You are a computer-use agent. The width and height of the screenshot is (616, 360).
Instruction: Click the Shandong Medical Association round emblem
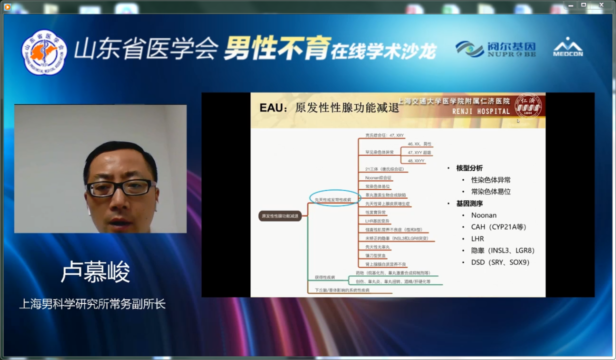(44, 52)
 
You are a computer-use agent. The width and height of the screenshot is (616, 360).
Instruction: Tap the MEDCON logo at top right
(568, 47)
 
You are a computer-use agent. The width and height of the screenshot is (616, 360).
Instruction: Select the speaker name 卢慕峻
(95, 273)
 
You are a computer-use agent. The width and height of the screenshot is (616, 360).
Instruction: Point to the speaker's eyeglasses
(120, 187)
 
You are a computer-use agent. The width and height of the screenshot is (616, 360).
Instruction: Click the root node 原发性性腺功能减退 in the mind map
(279, 216)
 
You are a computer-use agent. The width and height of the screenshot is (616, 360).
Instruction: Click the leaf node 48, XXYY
(416, 160)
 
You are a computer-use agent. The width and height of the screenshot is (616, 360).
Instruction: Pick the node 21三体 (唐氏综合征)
(384, 169)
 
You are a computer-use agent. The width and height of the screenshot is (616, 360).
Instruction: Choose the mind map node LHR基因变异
(377, 220)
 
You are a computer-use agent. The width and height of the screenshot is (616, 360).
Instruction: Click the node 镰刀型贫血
(375, 255)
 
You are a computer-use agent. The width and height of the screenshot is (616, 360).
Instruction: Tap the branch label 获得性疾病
(325, 276)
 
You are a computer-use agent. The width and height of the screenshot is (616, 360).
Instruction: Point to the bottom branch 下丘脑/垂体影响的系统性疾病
(342, 290)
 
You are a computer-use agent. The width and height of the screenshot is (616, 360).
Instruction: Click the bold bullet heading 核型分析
(469, 168)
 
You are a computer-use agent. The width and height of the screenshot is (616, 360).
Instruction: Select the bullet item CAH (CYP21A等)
(498, 227)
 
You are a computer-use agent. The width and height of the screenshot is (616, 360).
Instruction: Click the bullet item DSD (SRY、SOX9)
(500, 262)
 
